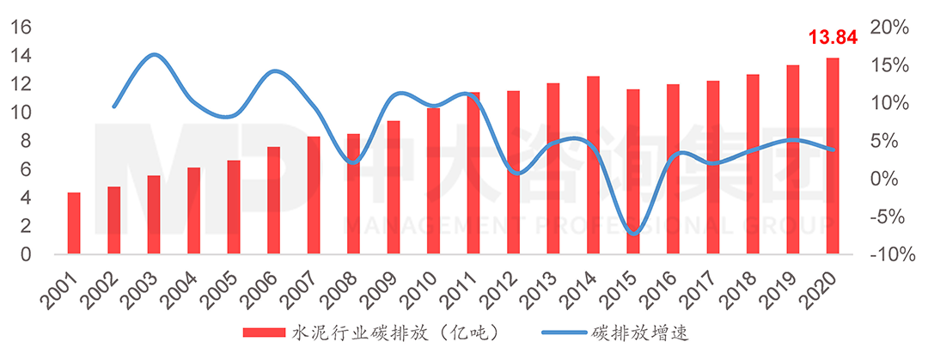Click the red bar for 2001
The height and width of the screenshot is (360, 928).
74,223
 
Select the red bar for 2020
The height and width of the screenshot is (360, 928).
833,156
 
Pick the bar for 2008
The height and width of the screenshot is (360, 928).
353,194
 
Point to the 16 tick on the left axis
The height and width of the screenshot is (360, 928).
21,27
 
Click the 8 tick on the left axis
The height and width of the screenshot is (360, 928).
26,141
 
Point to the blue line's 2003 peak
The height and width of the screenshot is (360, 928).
153,55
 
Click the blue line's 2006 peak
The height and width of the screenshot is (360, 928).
274,71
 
